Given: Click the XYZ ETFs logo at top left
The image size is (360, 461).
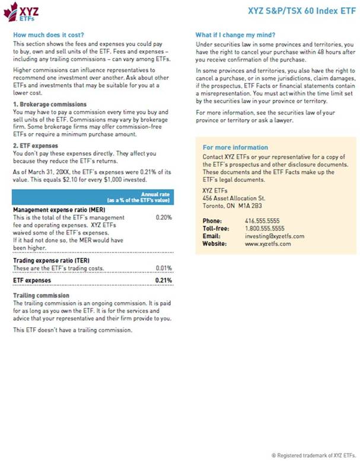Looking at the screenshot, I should tap(22, 11).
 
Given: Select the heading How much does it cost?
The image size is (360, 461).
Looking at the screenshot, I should tap(48, 35).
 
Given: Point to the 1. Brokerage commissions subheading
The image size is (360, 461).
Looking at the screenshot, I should tap(50, 104).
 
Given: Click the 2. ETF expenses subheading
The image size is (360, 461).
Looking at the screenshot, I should tap(36, 145).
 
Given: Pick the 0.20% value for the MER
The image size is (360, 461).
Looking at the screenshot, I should tap(164, 217).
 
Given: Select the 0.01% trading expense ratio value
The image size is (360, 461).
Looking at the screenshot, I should tap(164, 268).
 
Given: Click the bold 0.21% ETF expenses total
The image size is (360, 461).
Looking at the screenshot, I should tap(163, 280).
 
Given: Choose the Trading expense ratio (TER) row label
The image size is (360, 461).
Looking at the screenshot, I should tap(54, 261).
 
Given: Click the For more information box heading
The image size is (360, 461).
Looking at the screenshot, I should tap(235, 147).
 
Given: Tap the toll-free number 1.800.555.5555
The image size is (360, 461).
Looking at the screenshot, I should tap(265, 228).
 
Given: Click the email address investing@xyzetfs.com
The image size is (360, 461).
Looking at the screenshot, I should tap(275, 236).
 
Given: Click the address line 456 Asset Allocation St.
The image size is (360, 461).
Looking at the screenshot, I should tap(234, 197).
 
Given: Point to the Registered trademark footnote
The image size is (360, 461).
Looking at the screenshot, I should tap(314, 455).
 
